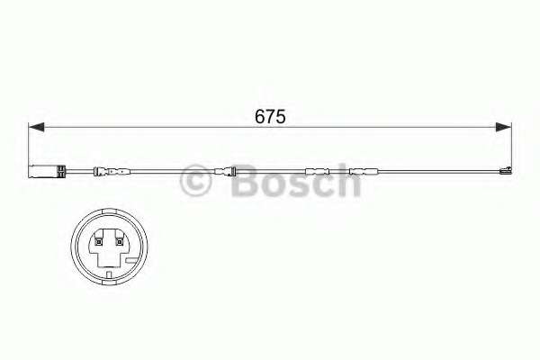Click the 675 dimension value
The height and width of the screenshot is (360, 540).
tap(269, 116)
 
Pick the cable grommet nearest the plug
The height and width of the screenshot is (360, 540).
tap(111, 171)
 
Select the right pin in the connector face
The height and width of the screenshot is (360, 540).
tap(119, 240)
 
